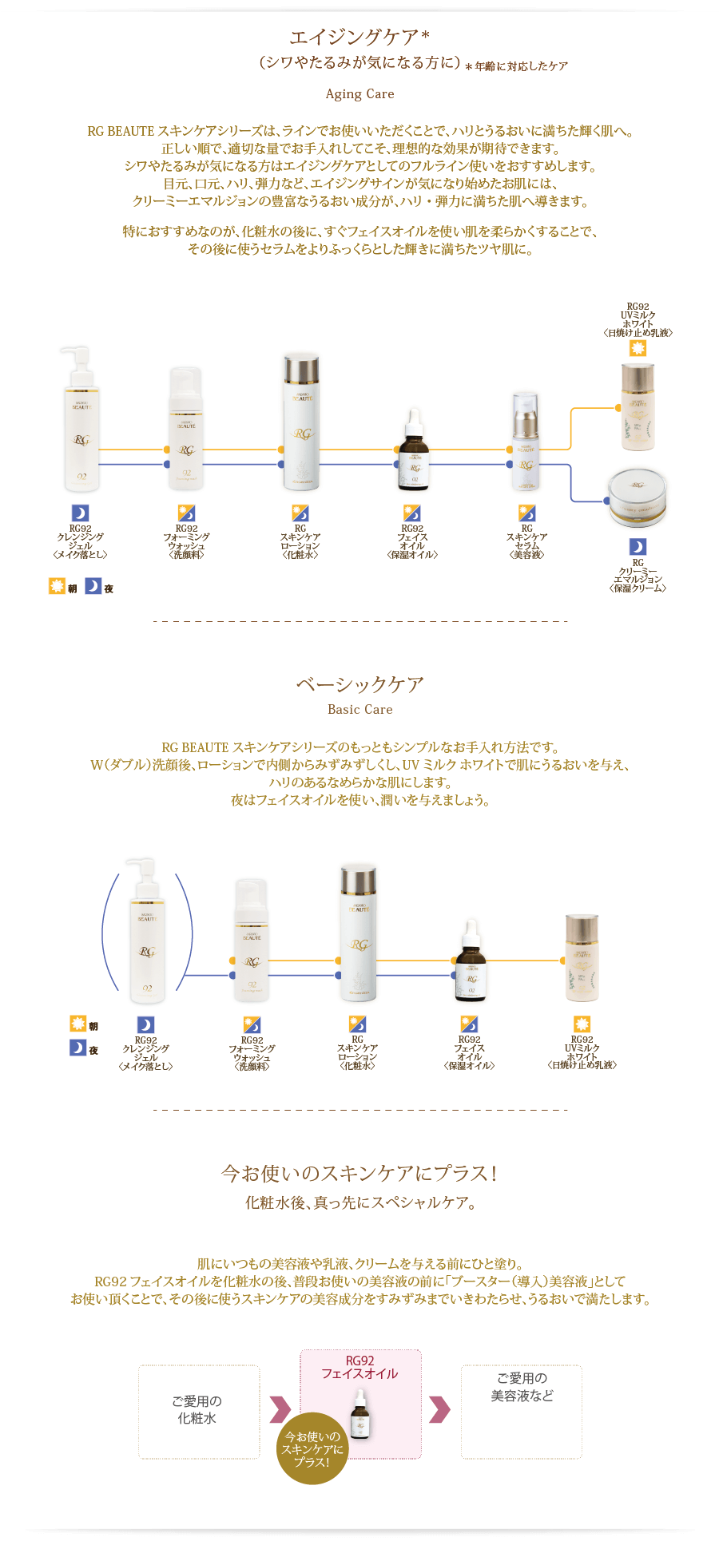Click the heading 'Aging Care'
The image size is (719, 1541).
pyautogui.click(x=359, y=94)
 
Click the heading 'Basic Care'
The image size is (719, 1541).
pyautogui.click(x=359, y=709)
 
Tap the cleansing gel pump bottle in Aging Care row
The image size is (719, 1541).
pyautogui.click(x=81, y=419)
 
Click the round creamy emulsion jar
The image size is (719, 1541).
pyautogui.click(x=637, y=497)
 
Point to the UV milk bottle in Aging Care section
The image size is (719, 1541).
pyautogui.click(x=638, y=406)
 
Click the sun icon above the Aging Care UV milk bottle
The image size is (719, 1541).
pyautogui.click(x=637, y=349)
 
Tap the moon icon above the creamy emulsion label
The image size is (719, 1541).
pyautogui.click(x=638, y=546)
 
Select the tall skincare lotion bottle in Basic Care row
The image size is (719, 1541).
pyautogui.click(x=358, y=933)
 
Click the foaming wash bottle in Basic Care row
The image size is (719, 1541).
pyautogui.click(x=252, y=941)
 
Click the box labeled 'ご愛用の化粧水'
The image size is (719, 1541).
pyautogui.click(x=198, y=1412)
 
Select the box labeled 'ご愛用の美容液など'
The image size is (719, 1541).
pyautogui.click(x=521, y=1412)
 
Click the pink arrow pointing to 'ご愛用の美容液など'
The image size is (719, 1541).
pyautogui.click(x=440, y=1409)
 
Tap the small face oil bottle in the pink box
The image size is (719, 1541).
pyautogui.click(x=361, y=1414)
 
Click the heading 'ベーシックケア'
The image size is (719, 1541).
pyautogui.click(x=359, y=684)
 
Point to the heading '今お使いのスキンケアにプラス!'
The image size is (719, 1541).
pyautogui.click(x=359, y=1173)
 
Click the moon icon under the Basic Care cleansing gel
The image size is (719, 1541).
pyautogui.click(x=145, y=1024)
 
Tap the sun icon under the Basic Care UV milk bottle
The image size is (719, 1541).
pyautogui.click(x=582, y=1024)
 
